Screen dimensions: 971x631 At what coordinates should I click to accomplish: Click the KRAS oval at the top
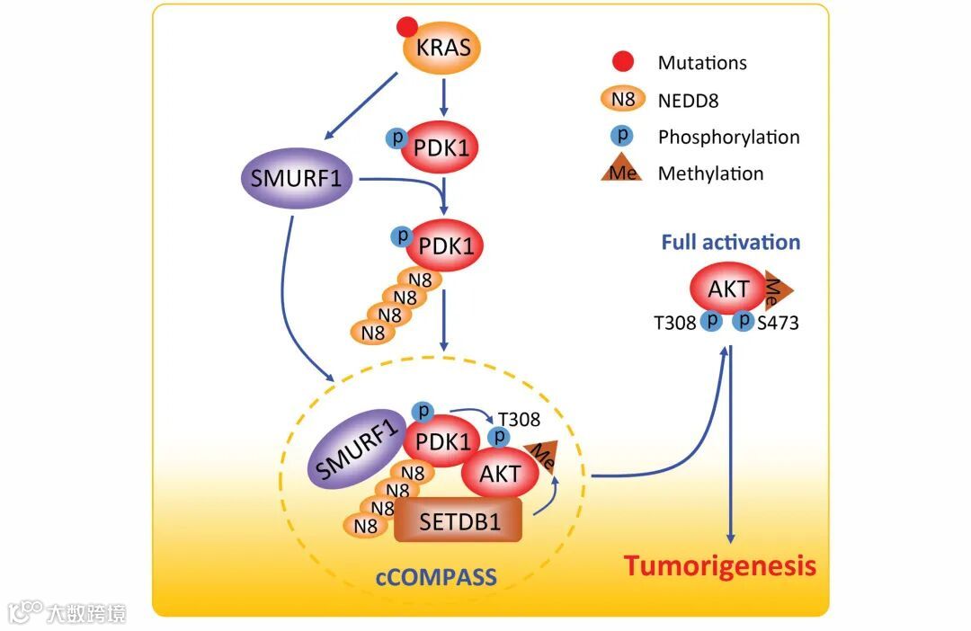pos(442,49)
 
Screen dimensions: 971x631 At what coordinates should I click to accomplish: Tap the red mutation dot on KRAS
pos(407,27)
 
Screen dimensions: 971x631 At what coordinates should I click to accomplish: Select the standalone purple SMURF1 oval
pos(297,178)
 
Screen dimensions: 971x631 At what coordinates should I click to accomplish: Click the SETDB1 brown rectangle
pos(459,521)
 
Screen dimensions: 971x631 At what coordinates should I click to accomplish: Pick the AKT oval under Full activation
pos(729,288)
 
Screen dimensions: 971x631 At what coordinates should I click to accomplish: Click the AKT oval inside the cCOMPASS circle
pos(501,473)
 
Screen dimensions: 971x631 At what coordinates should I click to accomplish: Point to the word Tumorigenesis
pos(719,566)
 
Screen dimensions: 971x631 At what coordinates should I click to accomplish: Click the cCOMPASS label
pos(437,577)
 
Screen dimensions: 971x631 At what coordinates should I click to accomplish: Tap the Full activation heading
pos(731,242)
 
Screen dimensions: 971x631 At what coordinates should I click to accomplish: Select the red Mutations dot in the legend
pos(622,61)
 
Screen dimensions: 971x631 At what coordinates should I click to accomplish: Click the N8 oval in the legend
pos(623,99)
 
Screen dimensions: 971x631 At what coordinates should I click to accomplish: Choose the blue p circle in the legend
pos(621,136)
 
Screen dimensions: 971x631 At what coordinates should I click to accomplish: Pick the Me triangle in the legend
pos(622,168)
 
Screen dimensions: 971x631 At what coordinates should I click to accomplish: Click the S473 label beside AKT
pos(778,324)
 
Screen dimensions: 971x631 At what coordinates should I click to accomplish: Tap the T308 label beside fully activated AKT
pos(675,324)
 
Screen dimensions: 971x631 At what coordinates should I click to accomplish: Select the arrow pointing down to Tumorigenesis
pos(731,445)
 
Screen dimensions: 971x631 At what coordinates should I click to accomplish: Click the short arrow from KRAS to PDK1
pos(443,97)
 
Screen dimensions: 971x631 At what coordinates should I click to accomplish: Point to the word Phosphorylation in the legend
pos(729,137)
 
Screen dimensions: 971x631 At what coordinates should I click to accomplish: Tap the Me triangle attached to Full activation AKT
pos(778,289)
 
